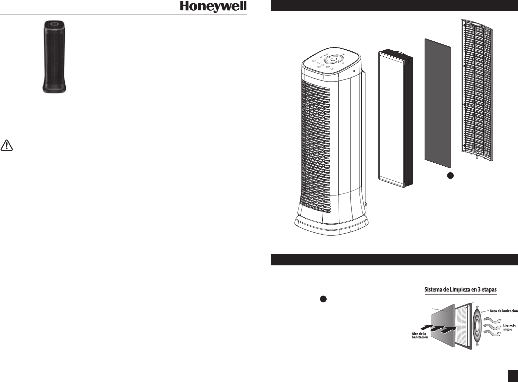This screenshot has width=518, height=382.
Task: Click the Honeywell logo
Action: point(213,7)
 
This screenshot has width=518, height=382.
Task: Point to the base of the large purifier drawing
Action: point(332,225)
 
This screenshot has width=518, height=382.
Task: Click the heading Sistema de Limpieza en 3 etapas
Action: point(461,290)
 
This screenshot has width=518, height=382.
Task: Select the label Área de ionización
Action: point(504,311)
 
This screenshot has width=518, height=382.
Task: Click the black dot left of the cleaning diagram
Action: point(324,299)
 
